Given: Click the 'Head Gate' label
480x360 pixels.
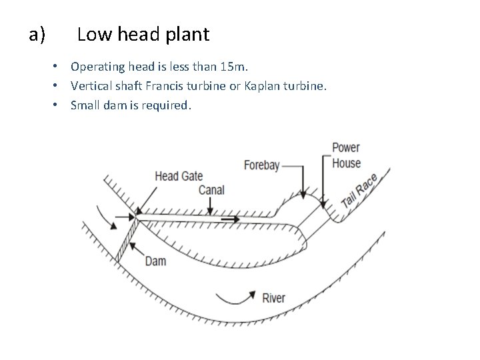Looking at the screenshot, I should (x=178, y=177).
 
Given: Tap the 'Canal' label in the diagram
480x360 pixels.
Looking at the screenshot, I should (x=211, y=190).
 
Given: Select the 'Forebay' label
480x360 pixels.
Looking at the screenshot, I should (x=261, y=165).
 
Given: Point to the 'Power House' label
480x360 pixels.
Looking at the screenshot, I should (x=346, y=155).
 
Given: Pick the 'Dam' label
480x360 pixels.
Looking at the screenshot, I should (x=155, y=261).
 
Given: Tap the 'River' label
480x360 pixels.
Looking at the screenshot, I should (x=274, y=297).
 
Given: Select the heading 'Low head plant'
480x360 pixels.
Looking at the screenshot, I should (x=143, y=34).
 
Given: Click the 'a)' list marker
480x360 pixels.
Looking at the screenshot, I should (x=37, y=34).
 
